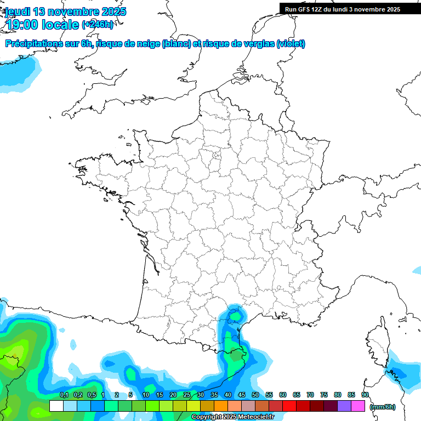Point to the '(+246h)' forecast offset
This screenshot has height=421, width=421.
pos(98,24)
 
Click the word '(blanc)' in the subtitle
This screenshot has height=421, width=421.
pos(176,44)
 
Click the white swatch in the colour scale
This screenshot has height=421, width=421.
pos(56,406)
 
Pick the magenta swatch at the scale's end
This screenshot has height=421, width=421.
pos(358,406)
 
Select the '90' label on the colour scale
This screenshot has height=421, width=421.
pos(365,395)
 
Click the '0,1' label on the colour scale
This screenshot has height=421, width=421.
pos(64,395)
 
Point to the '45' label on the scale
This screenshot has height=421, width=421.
pos(242,395)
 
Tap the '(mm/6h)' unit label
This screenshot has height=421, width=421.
pos(383,407)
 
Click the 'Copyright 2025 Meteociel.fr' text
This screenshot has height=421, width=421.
pos(232,417)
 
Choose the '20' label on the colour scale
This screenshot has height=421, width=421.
pos(173,395)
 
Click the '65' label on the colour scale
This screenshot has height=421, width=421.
pos(297,395)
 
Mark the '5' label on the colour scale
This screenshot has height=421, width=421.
pos(130,395)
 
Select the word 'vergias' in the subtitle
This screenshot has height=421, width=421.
pos(260,44)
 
